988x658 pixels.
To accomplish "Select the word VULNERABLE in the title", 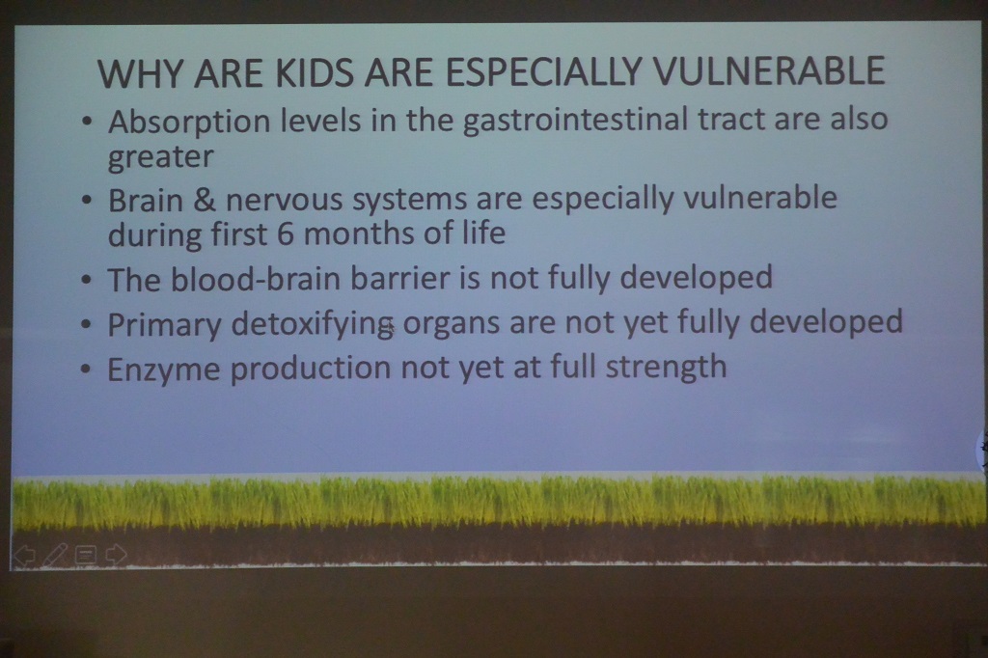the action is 769,70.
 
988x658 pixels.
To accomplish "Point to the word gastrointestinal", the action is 575,121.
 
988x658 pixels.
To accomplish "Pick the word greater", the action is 161,157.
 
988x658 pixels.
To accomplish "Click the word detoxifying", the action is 313,324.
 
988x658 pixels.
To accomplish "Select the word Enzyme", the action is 164,370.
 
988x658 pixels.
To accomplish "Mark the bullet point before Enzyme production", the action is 86,370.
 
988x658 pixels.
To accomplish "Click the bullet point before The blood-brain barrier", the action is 86,279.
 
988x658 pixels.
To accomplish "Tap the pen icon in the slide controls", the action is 55,555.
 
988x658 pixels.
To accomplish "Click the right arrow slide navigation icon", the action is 116,554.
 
